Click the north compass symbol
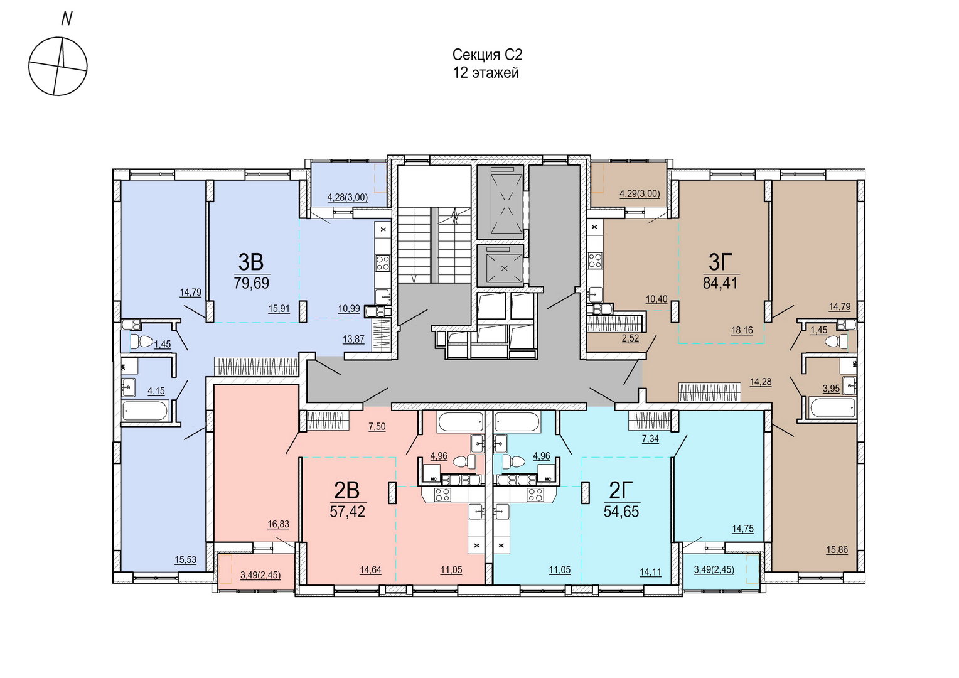58,66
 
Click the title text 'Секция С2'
488,55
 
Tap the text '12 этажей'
486,73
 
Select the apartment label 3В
251,262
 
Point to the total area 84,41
721,282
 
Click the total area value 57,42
347,511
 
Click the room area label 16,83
278,524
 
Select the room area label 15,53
185,559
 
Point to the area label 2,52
630,338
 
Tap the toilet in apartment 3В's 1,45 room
141,342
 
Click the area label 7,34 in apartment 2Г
650,439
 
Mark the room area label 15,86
837,550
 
